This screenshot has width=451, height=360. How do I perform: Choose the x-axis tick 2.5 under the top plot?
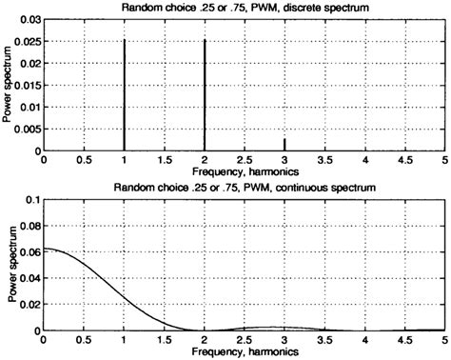pyautogui.click(x=245, y=163)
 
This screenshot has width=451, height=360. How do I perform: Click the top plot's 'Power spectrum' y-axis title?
pyautogui.click(x=9, y=86)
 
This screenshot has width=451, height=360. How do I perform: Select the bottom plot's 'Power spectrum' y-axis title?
pyautogui.click(x=9, y=265)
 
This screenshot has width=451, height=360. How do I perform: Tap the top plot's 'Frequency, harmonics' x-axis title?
pyautogui.click(x=244, y=174)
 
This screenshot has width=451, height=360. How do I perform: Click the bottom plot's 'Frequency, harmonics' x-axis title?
pyautogui.click(x=244, y=352)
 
